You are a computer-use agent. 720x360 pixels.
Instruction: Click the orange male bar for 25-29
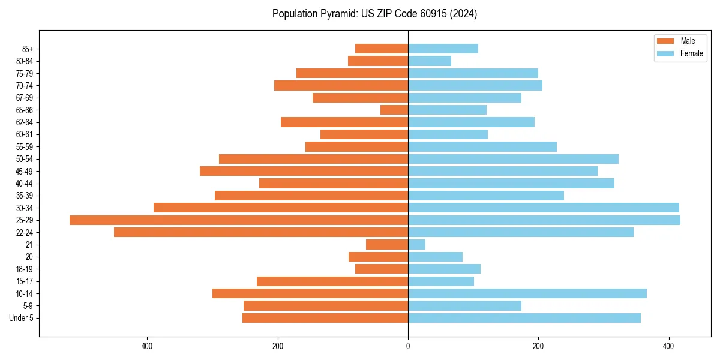(x=239, y=220)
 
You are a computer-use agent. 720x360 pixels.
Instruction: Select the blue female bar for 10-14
(x=527, y=293)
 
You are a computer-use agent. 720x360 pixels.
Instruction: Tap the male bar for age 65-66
(x=394, y=110)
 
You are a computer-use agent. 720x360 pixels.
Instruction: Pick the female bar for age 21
(x=417, y=245)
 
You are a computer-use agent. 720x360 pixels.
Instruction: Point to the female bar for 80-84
(x=430, y=61)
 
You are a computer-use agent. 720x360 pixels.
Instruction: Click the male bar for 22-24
(x=261, y=232)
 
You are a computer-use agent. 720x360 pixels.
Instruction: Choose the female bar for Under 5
(x=524, y=318)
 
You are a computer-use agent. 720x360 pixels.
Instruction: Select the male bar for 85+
(x=382, y=49)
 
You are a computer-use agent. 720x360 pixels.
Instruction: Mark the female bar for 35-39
(x=486, y=196)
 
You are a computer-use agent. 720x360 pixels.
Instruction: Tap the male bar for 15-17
(x=332, y=281)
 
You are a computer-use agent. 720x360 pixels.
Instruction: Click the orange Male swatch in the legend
(x=666, y=41)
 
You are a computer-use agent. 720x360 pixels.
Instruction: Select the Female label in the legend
(x=692, y=53)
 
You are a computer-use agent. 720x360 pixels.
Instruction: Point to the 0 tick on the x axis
(x=408, y=346)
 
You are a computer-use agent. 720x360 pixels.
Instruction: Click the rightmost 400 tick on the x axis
(x=669, y=346)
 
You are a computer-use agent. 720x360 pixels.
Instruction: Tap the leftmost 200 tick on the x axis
(x=278, y=346)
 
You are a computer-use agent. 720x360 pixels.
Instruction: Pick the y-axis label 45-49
(x=25, y=172)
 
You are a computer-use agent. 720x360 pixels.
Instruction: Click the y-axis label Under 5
(x=21, y=318)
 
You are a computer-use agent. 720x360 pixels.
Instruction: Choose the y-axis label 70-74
(x=25, y=86)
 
